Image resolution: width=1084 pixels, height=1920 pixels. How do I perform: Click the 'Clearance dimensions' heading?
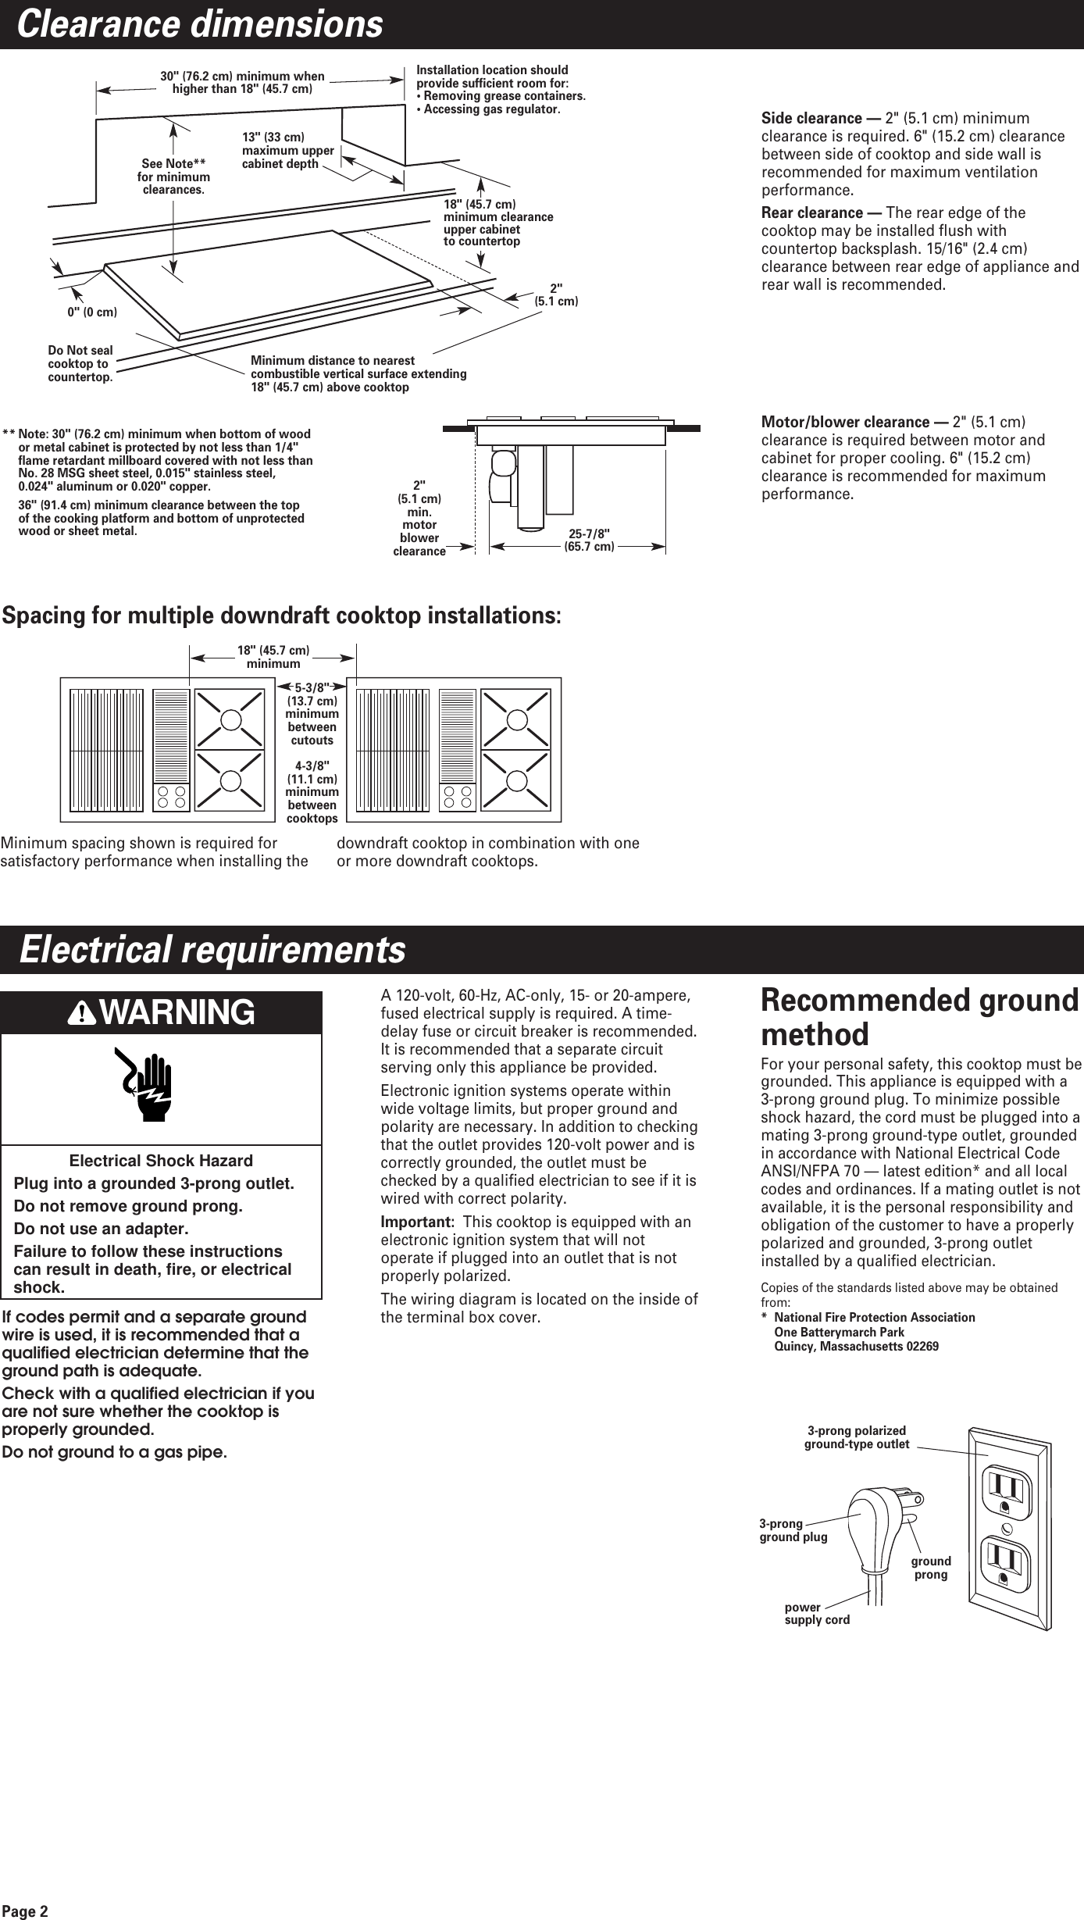click(200, 24)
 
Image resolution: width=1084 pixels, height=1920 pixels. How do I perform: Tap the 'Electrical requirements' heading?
click(212, 949)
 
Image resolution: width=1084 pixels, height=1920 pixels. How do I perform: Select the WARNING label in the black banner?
click(162, 1012)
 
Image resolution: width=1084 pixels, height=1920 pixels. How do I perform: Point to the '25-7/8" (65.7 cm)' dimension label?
click(589, 540)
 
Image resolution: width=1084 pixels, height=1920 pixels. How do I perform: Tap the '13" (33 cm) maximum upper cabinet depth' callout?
click(287, 151)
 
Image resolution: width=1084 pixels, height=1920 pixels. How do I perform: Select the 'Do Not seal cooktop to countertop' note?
click(80, 364)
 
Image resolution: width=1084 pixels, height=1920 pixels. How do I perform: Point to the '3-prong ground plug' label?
click(793, 1530)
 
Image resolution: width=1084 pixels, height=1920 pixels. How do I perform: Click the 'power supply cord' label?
click(817, 1613)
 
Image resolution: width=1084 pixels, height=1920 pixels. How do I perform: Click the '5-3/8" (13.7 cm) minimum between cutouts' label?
click(312, 713)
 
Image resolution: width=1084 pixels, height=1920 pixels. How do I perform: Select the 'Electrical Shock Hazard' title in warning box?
click(162, 1161)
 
